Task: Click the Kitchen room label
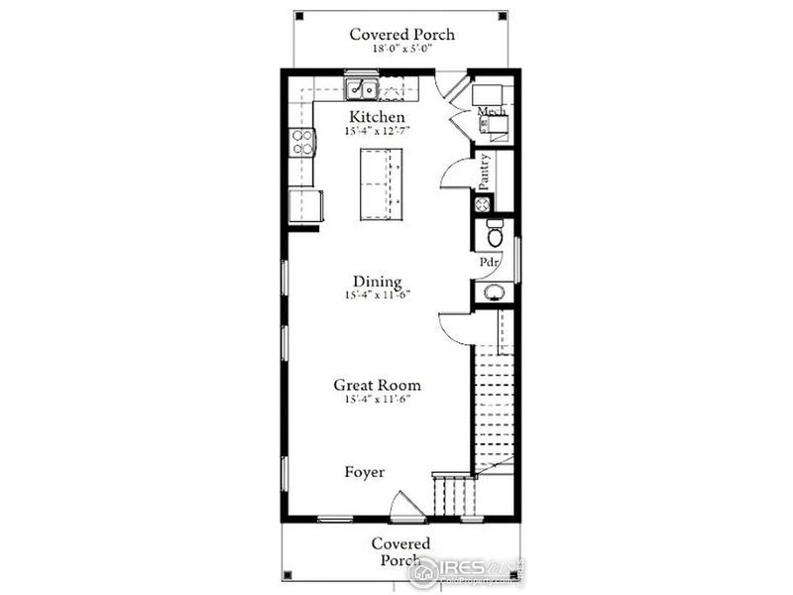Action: [377, 117]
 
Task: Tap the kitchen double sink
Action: [361, 89]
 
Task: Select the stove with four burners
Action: [301, 143]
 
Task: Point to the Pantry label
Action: [485, 172]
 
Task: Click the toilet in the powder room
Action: [493, 234]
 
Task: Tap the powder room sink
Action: [493, 292]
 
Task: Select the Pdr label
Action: [489, 263]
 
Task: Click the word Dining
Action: [377, 281]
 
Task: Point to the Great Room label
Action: [377, 385]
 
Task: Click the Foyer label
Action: [365, 472]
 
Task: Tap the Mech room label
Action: [493, 112]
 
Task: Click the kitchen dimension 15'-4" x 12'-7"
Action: [377, 131]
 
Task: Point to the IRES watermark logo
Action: [466, 568]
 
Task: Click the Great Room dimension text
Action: [377, 399]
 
